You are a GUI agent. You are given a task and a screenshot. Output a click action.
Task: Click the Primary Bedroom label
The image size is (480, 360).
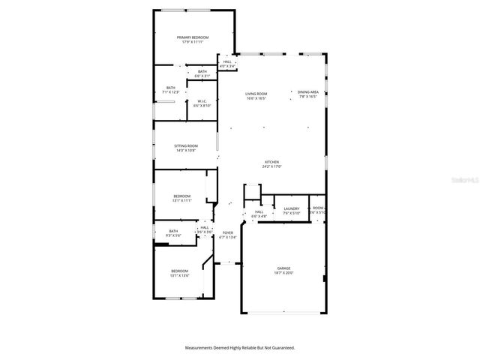(193, 37)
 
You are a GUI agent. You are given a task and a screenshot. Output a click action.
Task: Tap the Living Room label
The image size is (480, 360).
(256, 94)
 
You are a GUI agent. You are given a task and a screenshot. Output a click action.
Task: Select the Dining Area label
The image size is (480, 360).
(308, 91)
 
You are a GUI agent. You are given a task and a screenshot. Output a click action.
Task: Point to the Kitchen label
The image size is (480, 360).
(271, 163)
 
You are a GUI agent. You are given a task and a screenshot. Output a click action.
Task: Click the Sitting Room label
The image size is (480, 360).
(186, 145)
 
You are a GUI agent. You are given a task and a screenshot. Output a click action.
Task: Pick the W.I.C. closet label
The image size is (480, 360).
(202, 101)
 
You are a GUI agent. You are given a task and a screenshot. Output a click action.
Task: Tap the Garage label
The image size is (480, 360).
(284, 268)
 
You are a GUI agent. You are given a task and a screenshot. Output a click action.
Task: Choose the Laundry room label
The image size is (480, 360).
(292, 208)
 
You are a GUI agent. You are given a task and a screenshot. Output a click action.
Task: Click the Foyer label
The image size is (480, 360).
(228, 233)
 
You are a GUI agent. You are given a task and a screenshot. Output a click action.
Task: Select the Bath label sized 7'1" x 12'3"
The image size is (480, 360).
(171, 88)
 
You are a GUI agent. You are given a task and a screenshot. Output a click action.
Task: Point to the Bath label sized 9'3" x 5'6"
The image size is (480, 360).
(173, 231)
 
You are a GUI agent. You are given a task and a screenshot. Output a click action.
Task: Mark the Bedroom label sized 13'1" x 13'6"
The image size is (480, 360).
(179, 271)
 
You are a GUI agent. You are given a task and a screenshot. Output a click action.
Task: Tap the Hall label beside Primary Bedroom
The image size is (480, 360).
(227, 61)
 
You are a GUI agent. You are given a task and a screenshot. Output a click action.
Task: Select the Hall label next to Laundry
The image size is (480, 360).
(259, 211)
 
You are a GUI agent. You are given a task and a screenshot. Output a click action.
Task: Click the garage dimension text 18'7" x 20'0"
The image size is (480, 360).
(284, 273)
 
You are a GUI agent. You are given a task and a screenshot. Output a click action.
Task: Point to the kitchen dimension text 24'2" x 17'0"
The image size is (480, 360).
(271, 168)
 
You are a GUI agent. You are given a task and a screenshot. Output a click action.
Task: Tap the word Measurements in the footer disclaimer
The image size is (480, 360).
(200, 347)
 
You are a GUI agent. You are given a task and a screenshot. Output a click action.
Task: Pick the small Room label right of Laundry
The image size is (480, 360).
(318, 208)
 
